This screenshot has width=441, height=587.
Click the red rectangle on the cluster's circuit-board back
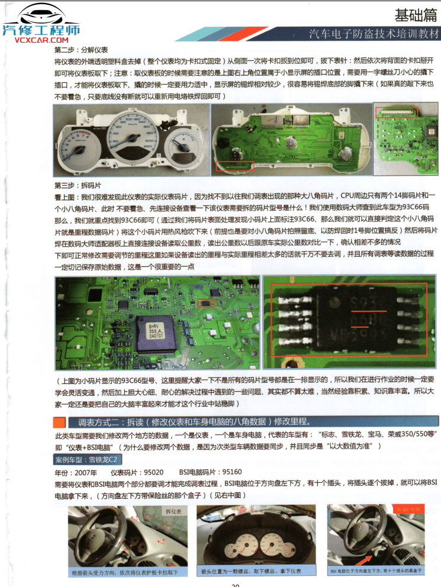pos(235,167)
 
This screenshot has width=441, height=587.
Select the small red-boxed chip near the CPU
pos(205,304)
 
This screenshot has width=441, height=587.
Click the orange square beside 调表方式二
pos(59,422)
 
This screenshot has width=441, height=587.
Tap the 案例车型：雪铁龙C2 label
pos(86,460)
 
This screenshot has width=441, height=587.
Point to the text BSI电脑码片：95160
pos(210,472)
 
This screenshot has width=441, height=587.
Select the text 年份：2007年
pos(75,472)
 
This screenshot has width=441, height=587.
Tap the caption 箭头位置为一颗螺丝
pos(251,571)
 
